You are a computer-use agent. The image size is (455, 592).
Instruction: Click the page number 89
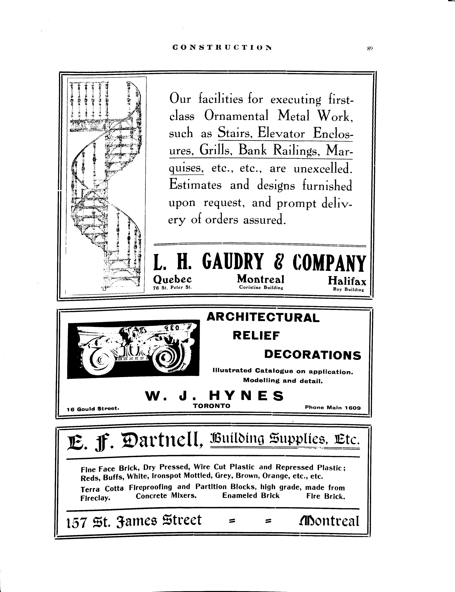(370, 49)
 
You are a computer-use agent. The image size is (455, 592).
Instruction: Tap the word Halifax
(347, 281)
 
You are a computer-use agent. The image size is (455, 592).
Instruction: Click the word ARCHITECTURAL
(263, 317)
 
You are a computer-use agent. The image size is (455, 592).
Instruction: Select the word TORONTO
(212, 406)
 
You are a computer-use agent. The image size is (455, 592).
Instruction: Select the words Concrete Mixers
(166, 496)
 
